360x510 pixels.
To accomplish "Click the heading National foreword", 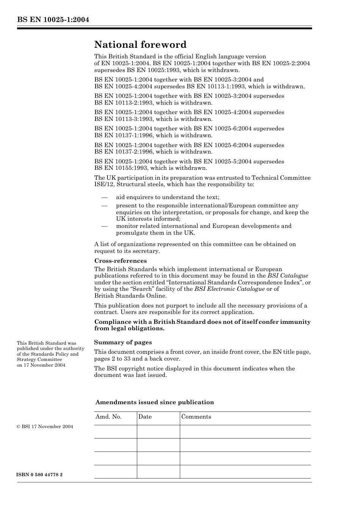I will click(x=140, y=45).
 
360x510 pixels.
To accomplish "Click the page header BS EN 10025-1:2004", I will click(x=53, y=19).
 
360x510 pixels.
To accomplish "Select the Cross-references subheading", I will click(x=120, y=261).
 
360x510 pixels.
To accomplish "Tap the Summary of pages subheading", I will click(x=123, y=342).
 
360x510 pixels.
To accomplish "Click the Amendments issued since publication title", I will click(x=155, y=402).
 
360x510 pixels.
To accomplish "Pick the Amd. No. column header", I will click(x=108, y=417).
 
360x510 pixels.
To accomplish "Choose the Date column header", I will click(x=145, y=417).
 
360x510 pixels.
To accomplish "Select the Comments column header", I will click(x=196, y=417).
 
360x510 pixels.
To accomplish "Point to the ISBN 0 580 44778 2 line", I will click(x=40, y=475).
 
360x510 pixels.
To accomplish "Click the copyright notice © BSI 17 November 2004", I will click(x=45, y=427).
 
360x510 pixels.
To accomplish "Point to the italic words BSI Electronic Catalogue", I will click(x=229, y=289).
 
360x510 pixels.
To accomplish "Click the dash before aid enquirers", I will click(x=104, y=197).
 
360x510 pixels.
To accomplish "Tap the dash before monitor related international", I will click(x=104, y=226).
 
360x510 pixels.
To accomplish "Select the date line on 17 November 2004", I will click(x=41, y=365).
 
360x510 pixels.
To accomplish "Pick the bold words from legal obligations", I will click(x=129, y=329).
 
